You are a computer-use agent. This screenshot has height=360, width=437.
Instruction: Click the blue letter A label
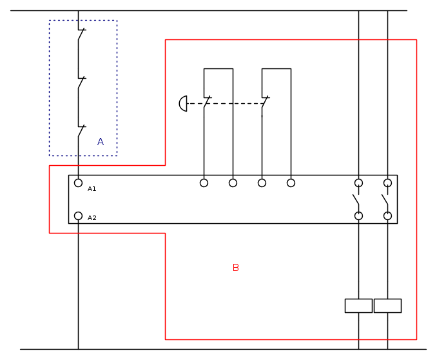pos(100,142)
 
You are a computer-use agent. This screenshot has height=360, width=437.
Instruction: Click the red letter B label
pos(235,268)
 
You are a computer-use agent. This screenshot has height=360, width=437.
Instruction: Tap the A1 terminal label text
pos(92,188)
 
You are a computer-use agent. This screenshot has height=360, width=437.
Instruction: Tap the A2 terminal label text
pos(92,218)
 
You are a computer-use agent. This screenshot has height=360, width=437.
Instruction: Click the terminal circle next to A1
pos(78,183)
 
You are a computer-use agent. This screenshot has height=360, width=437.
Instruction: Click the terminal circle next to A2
pos(78,216)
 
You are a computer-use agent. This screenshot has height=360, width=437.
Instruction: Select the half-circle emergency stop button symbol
pos(183,103)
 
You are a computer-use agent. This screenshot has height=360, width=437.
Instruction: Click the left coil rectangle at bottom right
pos(358,306)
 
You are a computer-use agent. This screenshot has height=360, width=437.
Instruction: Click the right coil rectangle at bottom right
pos(387,306)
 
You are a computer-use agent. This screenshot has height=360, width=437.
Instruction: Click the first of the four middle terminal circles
pos(204,183)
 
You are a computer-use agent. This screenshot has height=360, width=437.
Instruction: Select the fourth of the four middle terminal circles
pos(291,183)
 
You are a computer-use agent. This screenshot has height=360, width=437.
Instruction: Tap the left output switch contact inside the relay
pos(356,199)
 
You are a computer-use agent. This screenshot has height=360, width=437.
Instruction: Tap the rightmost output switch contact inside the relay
pos(385,199)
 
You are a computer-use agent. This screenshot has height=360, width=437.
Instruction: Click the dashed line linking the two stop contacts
pos(235,103)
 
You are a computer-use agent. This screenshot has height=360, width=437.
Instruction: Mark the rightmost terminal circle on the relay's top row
pos(387,183)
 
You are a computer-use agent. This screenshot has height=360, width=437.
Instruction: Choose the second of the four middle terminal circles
pos(233,183)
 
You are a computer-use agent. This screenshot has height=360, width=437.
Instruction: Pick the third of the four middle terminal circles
pos(262,183)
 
